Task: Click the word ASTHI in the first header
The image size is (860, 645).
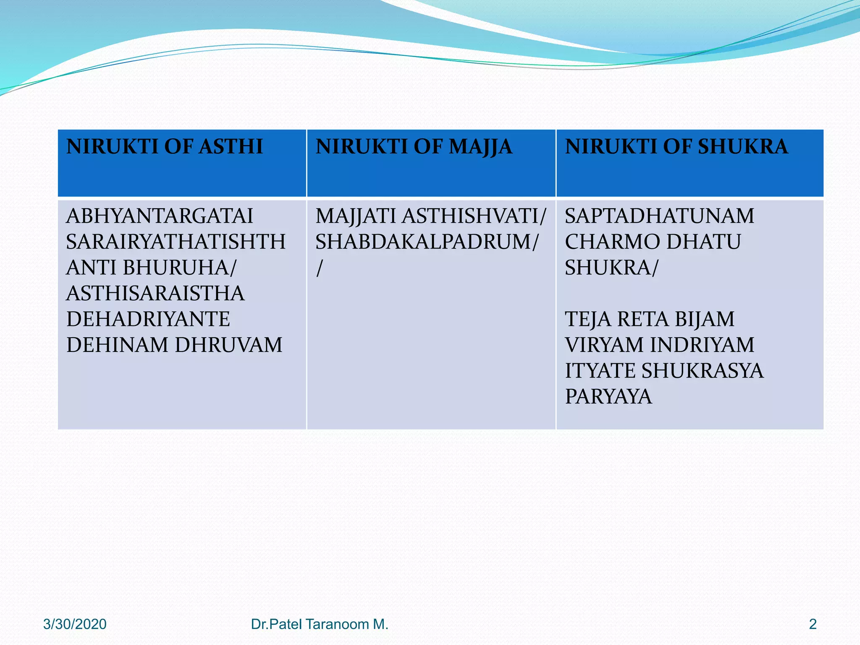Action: click(x=231, y=147)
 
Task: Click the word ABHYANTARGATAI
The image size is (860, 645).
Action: click(x=160, y=216)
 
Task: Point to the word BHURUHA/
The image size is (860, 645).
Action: click(x=180, y=267)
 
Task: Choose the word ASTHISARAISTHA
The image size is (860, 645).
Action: click(x=155, y=293)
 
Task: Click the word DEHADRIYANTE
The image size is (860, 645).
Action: click(x=148, y=319)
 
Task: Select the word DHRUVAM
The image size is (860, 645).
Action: click(x=228, y=345)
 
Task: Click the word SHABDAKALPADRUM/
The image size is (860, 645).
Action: click(x=427, y=242)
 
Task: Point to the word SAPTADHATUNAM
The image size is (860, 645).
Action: click(x=659, y=216)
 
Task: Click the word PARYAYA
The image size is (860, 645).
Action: click(x=608, y=396)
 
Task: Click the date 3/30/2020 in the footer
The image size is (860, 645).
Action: click(x=75, y=624)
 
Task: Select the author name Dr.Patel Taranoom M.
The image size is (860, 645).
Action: click(x=320, y=624)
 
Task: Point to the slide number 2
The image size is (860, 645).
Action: click(x=813, y=624)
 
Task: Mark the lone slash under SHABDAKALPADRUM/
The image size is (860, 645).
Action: click(x=320, y=268)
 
